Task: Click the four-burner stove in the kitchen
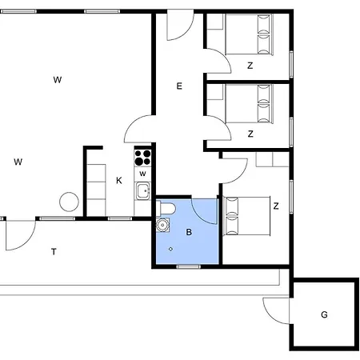tap(143, 157)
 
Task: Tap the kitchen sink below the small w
tap(143, 191)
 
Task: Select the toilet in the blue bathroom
tap(166, 210)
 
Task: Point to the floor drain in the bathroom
tap(170, 248)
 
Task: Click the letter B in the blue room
tap(189, 233)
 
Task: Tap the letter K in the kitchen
tap(118, 180)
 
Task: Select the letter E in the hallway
tap(179, 86)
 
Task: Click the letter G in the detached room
tap(324, 314)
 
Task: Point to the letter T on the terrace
tap(54, 252)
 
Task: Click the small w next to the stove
tap(142, 174)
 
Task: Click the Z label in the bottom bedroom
tap(276, 206)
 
